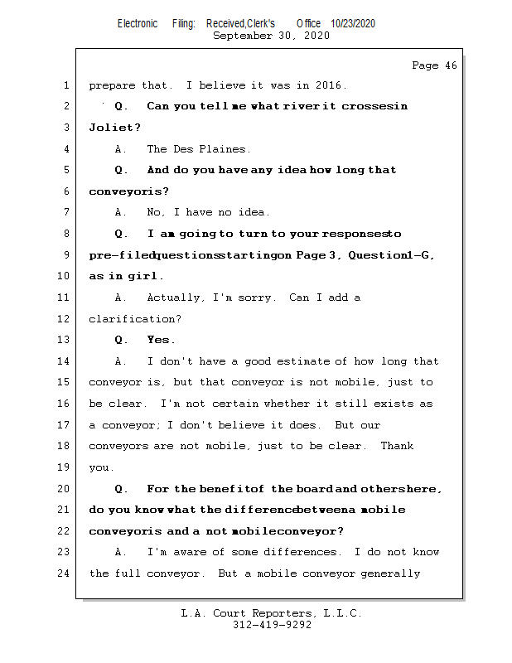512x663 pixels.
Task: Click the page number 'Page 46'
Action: (434, 65)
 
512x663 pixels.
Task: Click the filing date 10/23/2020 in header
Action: (352, 24)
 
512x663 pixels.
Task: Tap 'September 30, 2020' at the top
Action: (271, 36)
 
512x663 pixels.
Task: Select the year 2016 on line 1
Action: (330, 85)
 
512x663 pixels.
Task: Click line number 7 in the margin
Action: (65, 212)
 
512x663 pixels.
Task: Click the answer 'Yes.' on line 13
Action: (162, 340)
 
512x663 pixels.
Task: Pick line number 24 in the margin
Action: (63, 573)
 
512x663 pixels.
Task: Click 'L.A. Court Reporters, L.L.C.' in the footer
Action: (271, 613)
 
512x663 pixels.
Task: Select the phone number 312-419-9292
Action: (271, 625)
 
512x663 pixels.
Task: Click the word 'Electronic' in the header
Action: (138, 24)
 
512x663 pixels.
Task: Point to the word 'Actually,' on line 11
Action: (175, 298)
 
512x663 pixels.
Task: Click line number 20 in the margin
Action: (63, 488)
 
